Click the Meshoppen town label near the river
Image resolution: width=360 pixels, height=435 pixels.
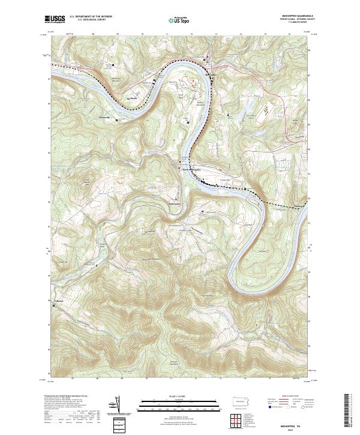click(x=209, y=74)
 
